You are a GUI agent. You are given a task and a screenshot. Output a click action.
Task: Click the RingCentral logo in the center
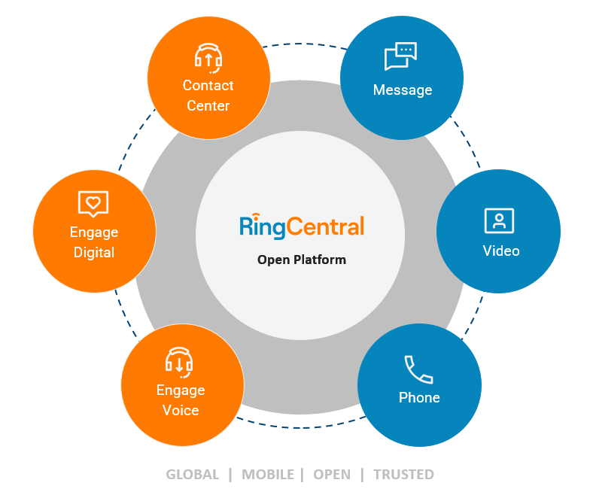coord(301,226)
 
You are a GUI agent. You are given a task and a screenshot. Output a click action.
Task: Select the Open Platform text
coord(301,260)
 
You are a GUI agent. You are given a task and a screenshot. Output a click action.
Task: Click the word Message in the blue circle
coord(403,90)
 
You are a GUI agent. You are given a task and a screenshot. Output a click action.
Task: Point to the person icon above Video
coord(498,220)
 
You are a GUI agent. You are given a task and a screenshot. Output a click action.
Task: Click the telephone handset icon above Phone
coord(418,369)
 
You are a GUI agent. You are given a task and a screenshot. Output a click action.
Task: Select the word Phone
coord(419,397)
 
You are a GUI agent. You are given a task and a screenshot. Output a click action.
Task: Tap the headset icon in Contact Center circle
coord(208,57)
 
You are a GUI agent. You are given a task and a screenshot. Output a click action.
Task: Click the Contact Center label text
coord(208,96)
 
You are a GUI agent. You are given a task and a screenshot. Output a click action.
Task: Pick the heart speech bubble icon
coord(93,203)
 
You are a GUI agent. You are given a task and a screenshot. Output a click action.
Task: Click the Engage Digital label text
coord(94,242)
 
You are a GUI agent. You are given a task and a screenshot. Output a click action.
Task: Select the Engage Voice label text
coord(181,400)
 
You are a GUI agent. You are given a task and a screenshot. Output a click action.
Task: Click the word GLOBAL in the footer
coord(193,475)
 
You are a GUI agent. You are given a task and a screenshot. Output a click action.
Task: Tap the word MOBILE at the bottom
coord(268,475)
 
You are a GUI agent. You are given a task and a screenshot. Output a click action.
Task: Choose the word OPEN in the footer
coord(332,475)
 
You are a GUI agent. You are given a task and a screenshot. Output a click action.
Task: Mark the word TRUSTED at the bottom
coord(403,475)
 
